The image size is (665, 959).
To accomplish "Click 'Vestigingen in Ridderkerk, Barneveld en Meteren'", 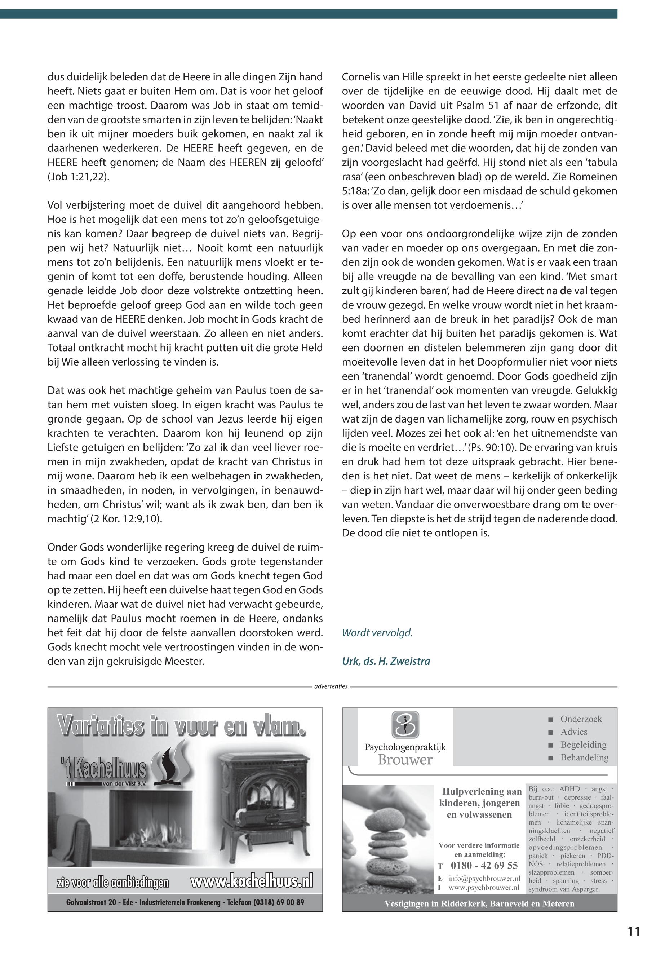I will click(479, 904).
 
